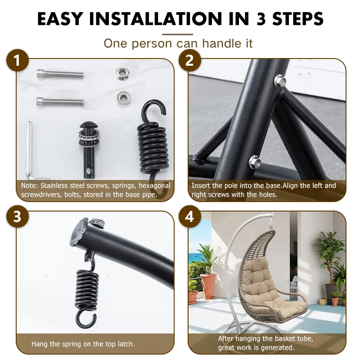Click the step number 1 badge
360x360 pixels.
[x=18, y=61]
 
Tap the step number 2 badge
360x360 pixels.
[x=189, y=61]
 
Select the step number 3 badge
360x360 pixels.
[x=18, y=216]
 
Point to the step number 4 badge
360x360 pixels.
[x=189, y=216]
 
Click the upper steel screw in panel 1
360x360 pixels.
[x=60, y=74]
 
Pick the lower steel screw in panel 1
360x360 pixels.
[x=60, y=101]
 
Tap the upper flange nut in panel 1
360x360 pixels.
[x=121, y=73]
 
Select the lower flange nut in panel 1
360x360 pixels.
[x=123, y=97]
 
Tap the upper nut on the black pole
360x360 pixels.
[x=280, y=81]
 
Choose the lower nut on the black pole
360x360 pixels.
[x=255, y=161]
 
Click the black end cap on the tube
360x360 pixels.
[x=79, y=232]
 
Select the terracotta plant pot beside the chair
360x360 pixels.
[x=209, y=286]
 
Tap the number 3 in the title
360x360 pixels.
[x=261, y=18]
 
